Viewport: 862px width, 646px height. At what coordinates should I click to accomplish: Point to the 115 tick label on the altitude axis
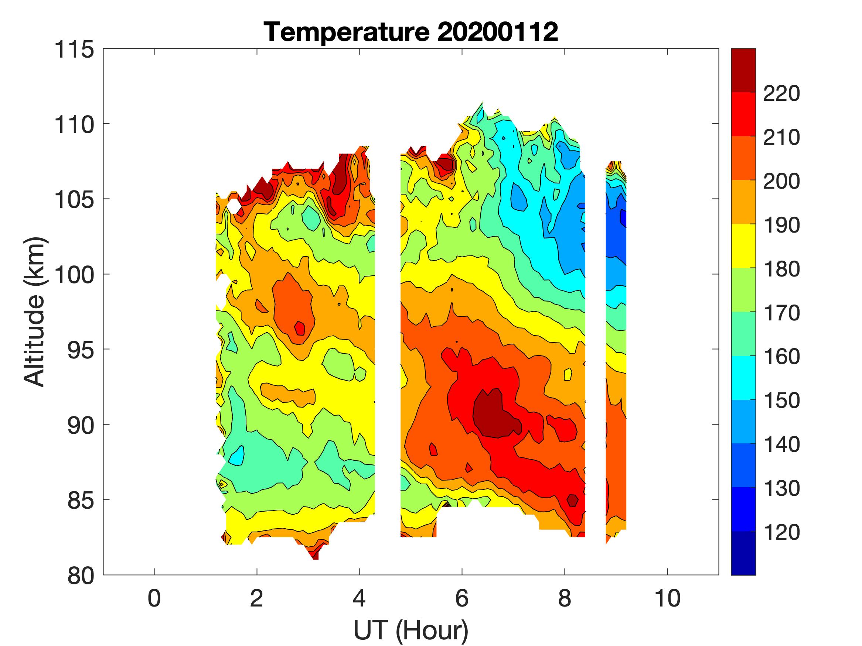pyautogui.click(x=74, y=50)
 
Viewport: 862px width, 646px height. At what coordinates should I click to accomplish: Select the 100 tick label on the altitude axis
pyautogui.click(x=74, y=275)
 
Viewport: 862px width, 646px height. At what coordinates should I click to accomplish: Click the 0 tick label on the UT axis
pyautogui.click(x=154, y=598)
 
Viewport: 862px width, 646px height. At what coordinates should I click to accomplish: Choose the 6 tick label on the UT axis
pyautogui.click(x=462, y=598)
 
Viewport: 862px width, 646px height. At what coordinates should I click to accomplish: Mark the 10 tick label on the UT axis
pyautogui.click(x=668, y=598)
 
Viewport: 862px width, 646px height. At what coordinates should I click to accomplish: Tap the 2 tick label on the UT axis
pyautogui.click(x=257, y=598)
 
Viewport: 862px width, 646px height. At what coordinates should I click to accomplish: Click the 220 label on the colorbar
pyautogui.click(x=781, y=93)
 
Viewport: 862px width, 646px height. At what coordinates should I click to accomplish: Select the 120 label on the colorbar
pyautogui.click(x=781, y=532)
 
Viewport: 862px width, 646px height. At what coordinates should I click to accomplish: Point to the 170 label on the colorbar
pyautogui.click(x=781, y=313)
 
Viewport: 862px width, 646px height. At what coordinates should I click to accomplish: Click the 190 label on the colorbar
pyautogui.click(x=781, y=225)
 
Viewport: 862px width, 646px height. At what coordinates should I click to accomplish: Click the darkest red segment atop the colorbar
pyautogui.click(x=743, y=70)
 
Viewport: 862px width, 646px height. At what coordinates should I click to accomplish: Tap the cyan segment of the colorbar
pyautogui.click(x=743, y=378)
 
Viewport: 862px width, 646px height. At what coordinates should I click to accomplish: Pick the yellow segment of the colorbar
pyautogui.click(x=743, y=246)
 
